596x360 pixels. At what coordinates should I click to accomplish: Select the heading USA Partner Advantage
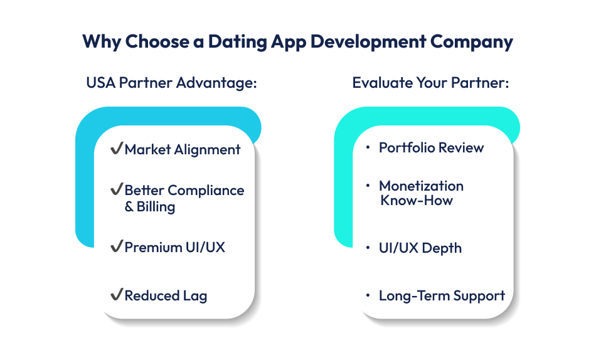coord(172,83)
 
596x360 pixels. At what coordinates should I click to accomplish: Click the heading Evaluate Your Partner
coord(430,83)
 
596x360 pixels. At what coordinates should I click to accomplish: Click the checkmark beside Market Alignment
coord(116,149)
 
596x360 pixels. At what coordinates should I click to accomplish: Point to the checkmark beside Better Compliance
coord(116,190)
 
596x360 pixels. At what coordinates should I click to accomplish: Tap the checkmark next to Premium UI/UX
coord(116,247)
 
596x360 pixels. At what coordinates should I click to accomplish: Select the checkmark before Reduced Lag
coord(116,295)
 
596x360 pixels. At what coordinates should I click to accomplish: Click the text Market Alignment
coord(183,149)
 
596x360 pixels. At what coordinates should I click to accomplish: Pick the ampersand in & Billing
coord(129,207)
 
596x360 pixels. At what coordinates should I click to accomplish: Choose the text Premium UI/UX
coord(174,247)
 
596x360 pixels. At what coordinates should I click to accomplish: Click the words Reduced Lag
coord(166,295)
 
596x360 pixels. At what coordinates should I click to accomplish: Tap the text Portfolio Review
coord(432,148)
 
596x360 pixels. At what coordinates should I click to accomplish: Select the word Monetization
coord(421,186)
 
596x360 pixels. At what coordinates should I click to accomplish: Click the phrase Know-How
coord(417,201)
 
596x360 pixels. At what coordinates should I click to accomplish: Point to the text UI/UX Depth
coord(420,248)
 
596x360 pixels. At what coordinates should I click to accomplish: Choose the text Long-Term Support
coord(442,295)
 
